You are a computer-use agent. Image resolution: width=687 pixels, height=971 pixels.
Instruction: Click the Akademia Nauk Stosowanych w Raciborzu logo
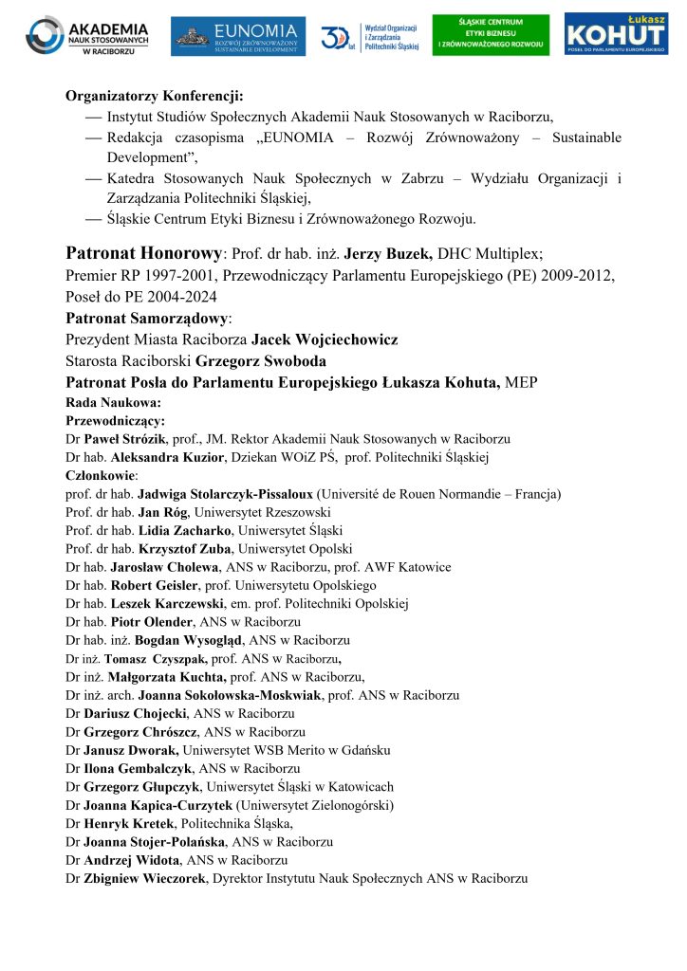click(87, 35)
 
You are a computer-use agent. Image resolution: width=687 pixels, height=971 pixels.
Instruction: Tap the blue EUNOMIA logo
click(238, 36)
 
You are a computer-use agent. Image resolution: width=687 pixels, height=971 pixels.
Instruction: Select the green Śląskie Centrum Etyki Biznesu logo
click(490, 35)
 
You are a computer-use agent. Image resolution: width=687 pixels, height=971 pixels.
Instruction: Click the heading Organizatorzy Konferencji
click(154, 96)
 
